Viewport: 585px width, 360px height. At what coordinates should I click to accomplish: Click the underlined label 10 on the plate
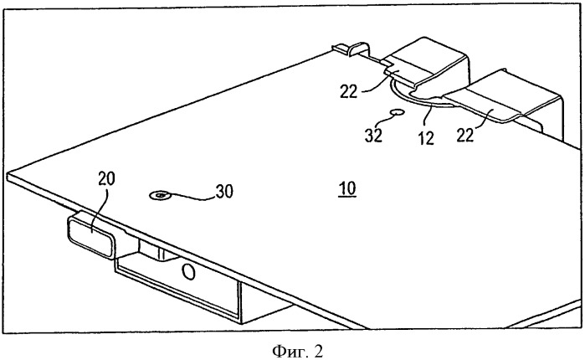347,188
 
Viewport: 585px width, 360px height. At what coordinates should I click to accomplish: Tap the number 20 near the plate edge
106,179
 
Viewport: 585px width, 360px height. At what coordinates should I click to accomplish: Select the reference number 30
224,192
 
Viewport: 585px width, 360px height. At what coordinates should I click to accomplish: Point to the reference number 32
373,135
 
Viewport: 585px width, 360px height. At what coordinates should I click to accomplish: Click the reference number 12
426,137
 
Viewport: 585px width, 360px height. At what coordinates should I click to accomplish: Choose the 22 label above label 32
349,91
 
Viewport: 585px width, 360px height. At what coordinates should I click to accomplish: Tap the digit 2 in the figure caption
318,351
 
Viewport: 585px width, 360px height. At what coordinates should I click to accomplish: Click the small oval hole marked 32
397,112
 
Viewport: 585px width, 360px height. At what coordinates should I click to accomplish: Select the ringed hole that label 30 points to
160,195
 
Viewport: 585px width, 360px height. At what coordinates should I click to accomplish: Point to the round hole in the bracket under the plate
189,272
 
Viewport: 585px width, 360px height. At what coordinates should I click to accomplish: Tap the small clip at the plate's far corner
351,48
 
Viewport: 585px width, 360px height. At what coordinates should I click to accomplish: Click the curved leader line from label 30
191,197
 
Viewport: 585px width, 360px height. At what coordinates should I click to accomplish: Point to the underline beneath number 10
347,197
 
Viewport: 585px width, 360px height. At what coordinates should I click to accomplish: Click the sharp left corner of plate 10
8,175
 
